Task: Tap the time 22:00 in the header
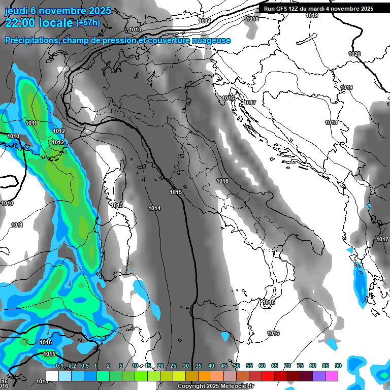click(23, 22)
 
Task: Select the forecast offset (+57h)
click(88, 23)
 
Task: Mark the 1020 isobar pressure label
click(354, 54)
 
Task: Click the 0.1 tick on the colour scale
click(59, 366)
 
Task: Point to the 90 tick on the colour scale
click(338, 366)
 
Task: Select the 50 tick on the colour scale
click(237, 366)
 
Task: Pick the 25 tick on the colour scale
click(173, 366)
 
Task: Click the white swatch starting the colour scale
click(52, 376)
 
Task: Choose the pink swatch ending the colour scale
click(332, 376)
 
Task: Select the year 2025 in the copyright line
click(212, 386)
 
